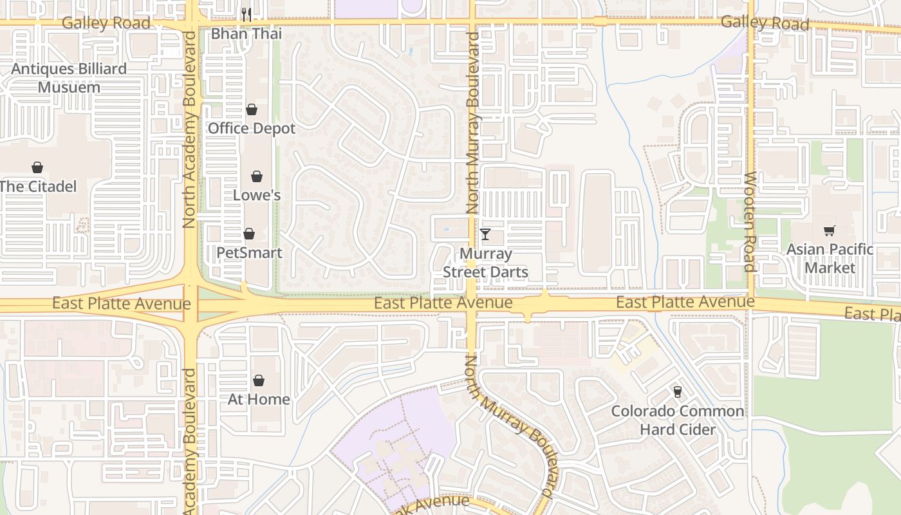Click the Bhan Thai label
(246, 33)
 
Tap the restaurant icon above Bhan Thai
(246, 14)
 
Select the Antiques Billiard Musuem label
(69, 78)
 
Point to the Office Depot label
(252, 128)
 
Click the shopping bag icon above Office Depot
(252, 109)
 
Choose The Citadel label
(38, 187)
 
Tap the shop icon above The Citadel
(37, 167)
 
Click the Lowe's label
(257, 195)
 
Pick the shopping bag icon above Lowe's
(257, 176)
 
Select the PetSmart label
(249, 252)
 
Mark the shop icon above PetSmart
(249, 233)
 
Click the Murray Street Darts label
(485, 263)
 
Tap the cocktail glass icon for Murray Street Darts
(485, 234)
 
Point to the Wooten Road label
(750, 222)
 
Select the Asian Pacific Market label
(830, 258)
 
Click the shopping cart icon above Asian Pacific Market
(830, 230)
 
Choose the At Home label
(259, 399)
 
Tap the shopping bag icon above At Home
(259, 380)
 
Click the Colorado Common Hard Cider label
(677, 420)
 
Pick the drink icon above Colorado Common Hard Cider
(677, 391)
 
